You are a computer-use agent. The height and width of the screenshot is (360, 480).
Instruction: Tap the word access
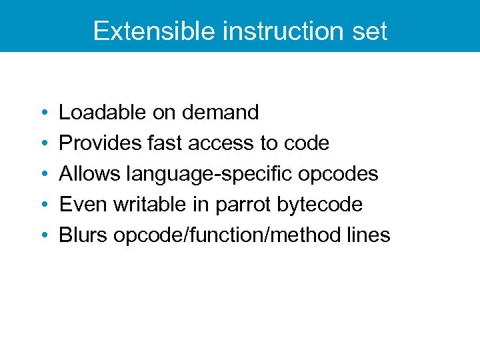(223, 143)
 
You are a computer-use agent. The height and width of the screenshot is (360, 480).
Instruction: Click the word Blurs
(83, 235)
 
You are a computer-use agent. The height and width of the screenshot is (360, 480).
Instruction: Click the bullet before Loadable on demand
(43, 113)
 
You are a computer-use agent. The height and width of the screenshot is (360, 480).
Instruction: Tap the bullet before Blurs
(43, 236)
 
